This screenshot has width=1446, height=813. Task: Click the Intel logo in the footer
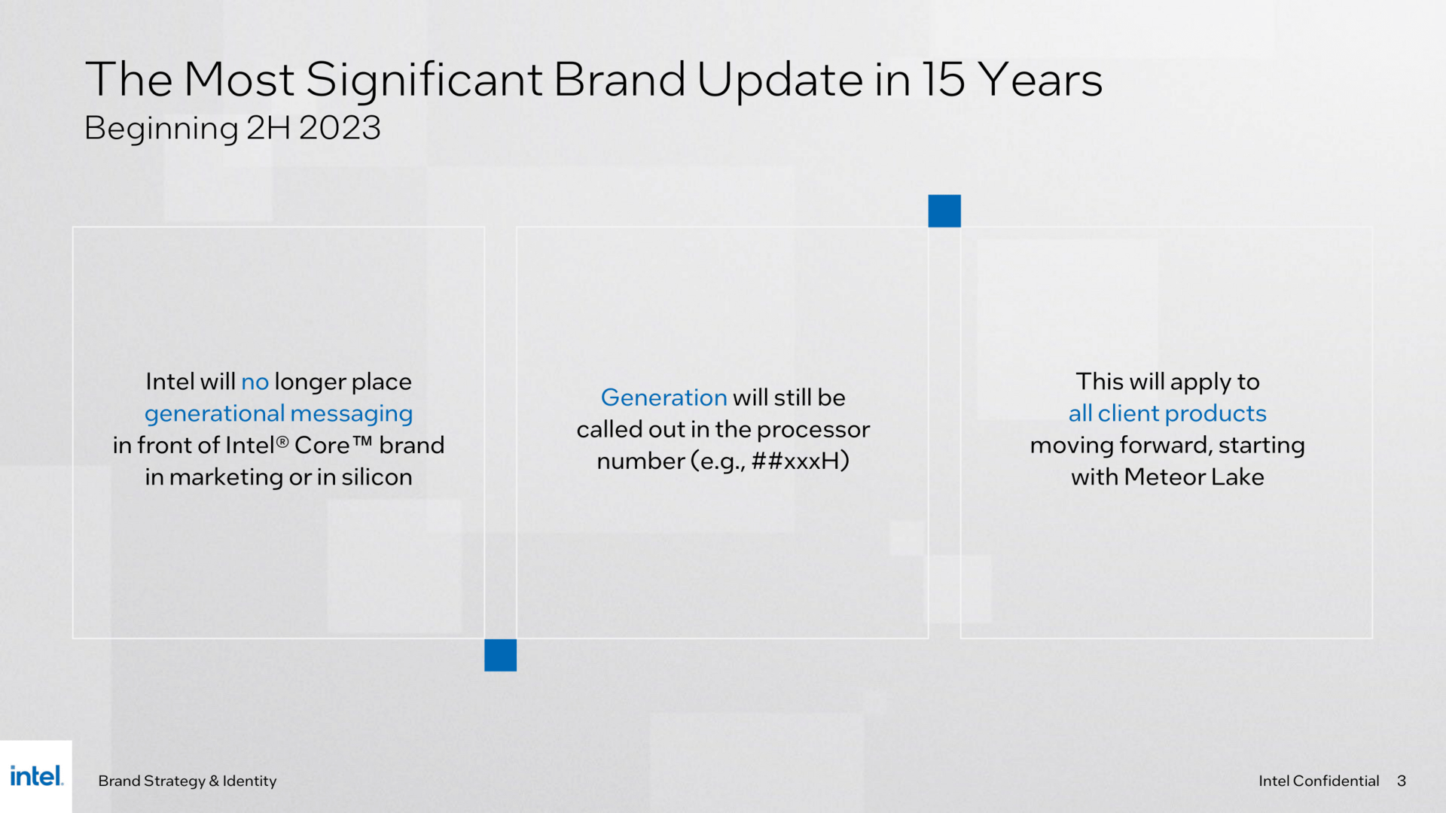(x=36, y=776)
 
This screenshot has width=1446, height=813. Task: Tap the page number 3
(x=1402, y=781)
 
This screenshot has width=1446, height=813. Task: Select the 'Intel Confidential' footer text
(x=1319, y=781)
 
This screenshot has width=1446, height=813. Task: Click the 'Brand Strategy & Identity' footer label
(x=188, y=781)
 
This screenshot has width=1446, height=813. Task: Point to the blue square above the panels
(x=944, y=211)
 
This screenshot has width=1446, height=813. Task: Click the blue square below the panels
(x=501, y=655)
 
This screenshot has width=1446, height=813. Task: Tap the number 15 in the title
(x=944, y=79)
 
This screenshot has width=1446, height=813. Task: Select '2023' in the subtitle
(x=340, y=128)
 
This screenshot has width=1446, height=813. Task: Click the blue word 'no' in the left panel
(x=255, y=382)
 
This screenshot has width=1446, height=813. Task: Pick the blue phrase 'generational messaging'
(x=279, y=414)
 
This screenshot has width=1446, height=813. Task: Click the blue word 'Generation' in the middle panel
(x=664, y=397)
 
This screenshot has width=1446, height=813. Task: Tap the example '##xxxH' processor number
(x=800, y=461)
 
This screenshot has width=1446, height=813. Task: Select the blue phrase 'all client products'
(x=1167, y=413)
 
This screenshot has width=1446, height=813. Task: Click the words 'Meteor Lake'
(x=1194, y=477)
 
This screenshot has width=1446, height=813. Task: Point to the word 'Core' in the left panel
(x=322, y=446)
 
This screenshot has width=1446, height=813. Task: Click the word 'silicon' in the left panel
(x=377, y=477)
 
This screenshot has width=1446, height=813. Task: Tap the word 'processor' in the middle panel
(x=813, y=430)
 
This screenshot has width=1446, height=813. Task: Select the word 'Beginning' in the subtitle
(x=161, y=129)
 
